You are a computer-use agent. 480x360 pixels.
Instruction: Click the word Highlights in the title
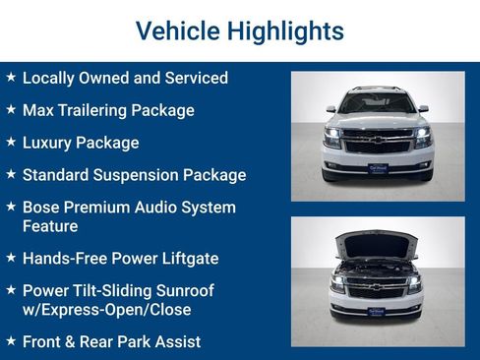point(285,30)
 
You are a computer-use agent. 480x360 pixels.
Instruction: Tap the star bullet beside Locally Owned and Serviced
point(10,77)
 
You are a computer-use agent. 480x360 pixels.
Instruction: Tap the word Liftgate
point(185,259)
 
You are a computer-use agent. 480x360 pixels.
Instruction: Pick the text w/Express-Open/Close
point(106,310)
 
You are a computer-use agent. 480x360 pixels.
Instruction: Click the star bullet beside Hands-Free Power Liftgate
point(10,258)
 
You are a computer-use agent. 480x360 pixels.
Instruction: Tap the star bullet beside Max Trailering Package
point(10,110)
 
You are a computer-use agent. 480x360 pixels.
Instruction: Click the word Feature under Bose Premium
point(50,226)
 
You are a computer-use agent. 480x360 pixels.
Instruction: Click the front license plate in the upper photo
point(377,167)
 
